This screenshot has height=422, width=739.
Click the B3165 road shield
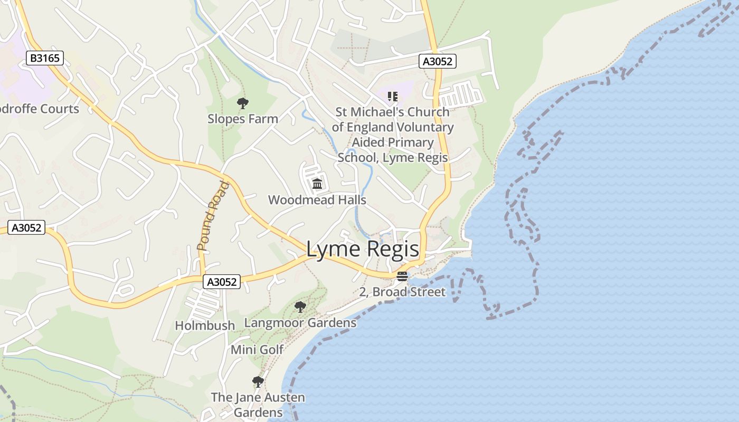coord(45,58)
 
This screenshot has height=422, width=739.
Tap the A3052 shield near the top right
coord(438,61)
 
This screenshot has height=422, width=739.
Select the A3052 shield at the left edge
coord(27,228)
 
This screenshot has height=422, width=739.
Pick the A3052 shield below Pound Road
coord(222,282)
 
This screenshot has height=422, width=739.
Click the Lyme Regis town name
coord(363,250)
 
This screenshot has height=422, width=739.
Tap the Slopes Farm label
coord(242,119)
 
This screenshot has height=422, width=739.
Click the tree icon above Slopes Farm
coord(243,103)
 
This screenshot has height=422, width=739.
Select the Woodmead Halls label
coord(317,200)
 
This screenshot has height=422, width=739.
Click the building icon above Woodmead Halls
coord(317,184)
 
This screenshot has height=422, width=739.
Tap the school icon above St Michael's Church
coord(392,96)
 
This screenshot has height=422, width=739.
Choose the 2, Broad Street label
coord(402,292)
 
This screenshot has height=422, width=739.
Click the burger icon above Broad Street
coord(402,276)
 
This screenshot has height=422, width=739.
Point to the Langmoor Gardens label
coord(300,322)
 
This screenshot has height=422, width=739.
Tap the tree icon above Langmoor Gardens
coord(300,306)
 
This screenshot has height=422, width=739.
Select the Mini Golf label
coord(257,349)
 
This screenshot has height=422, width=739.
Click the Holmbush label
coord(205,325)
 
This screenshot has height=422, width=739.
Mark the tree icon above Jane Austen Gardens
coord(258,381)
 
